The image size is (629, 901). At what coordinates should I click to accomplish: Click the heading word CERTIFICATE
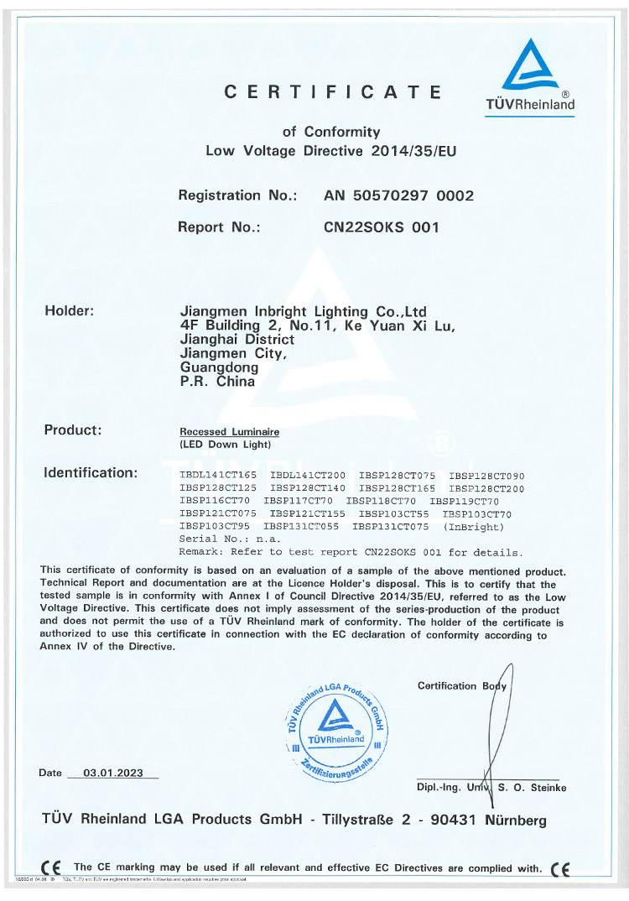click(332, 92)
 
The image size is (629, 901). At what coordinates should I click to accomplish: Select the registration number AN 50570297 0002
click(398, 195)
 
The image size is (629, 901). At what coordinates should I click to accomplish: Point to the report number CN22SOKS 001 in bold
click(381, 227)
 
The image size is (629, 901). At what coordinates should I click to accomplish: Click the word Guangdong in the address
click(219, 367)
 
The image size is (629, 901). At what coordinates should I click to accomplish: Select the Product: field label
click(72, 430)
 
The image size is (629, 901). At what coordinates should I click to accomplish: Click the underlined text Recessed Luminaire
click(229, 431)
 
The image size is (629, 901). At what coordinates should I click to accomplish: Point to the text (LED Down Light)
click(226, 444)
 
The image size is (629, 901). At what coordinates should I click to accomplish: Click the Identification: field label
click(90, 473)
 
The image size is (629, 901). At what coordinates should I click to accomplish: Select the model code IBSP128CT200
click(486, 488)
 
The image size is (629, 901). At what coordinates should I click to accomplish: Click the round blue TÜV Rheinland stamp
click(335, 727)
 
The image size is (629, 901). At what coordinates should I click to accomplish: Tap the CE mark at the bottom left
click(50, 868)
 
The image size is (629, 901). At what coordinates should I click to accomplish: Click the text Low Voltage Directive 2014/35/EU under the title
click(331, 151)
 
